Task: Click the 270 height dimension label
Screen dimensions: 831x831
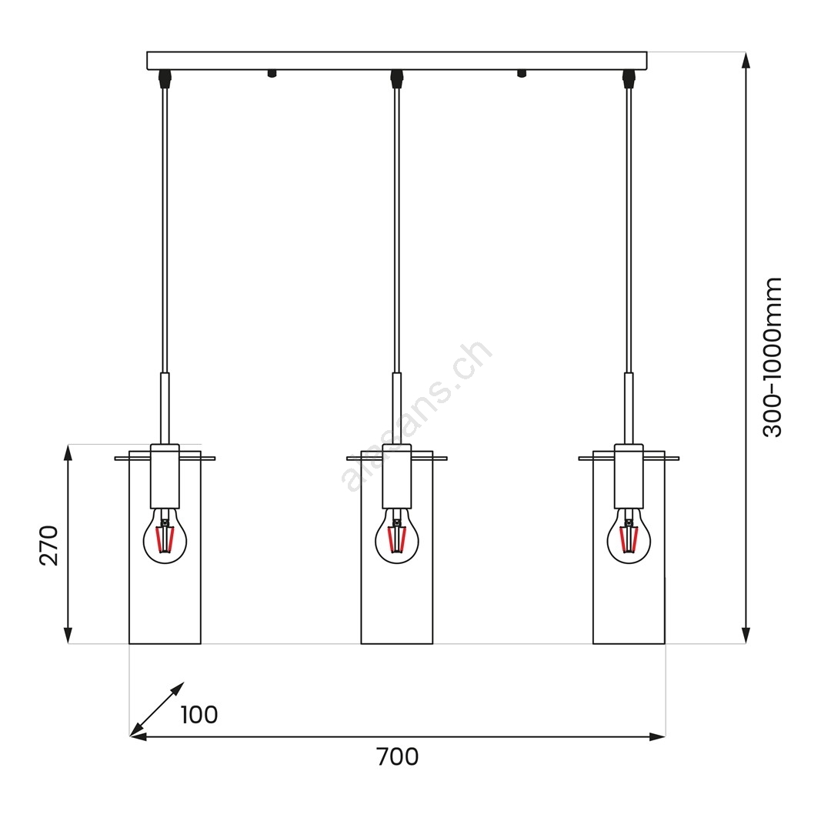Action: [x=48, y=546]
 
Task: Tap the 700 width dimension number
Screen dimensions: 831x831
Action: [x=398, y=757]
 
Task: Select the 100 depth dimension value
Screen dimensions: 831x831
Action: [x=199, y=715]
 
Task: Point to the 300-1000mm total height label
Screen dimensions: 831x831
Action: [x=773, y=357]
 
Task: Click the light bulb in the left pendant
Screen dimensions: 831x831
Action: [x=165, y=536]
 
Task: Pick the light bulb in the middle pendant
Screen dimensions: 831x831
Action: [x=397, y=536]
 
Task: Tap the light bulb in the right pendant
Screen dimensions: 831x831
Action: [x=629, y=536]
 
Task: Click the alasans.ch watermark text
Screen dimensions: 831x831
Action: [x=416, y=415]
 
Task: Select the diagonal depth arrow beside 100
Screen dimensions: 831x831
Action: [x=157, y=709]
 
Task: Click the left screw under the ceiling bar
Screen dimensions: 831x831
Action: [x=272, y=74]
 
